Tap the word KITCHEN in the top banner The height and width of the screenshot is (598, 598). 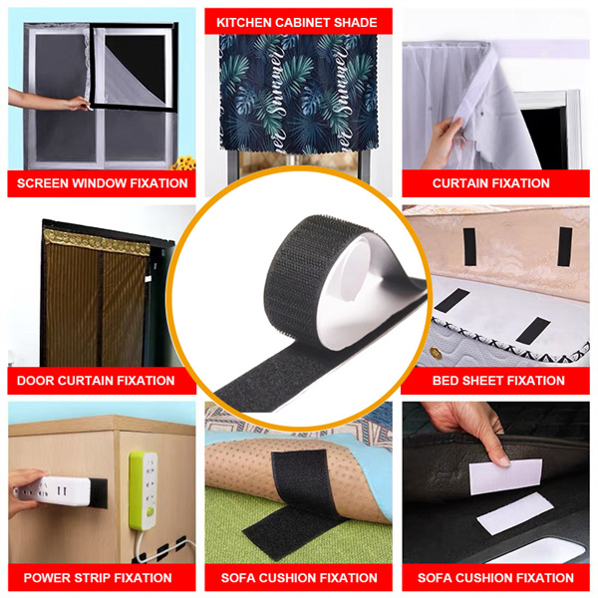point(244,22)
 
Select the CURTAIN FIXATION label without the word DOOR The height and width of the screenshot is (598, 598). point(490,183)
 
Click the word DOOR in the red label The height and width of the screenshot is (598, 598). point(37,381)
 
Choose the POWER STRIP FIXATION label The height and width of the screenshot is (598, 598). point(97,578)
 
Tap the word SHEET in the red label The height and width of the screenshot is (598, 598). point(484,381)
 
